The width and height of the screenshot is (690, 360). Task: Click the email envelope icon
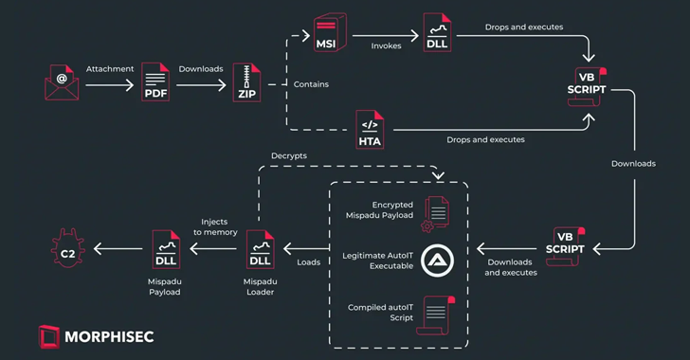coord(62,82)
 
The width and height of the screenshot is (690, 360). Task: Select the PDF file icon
coord(154,82)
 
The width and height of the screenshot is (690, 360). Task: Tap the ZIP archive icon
coord(246,82)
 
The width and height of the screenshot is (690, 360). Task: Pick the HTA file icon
coord(370,130)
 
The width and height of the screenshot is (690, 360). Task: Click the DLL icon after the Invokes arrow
coord(437,34)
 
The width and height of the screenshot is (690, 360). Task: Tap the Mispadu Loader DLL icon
coord(260,249)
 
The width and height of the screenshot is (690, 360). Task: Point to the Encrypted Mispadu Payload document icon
coord(437,210)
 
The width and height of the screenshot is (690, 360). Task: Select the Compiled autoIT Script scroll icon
coord(437,314)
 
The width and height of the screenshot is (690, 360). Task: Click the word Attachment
coord(110,68)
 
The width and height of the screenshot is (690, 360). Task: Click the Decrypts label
coord(290,154)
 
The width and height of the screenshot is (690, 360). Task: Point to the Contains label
coord(311,84)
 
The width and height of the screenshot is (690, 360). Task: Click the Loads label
coord(309,263)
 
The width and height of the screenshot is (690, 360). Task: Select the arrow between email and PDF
coord(110,84)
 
